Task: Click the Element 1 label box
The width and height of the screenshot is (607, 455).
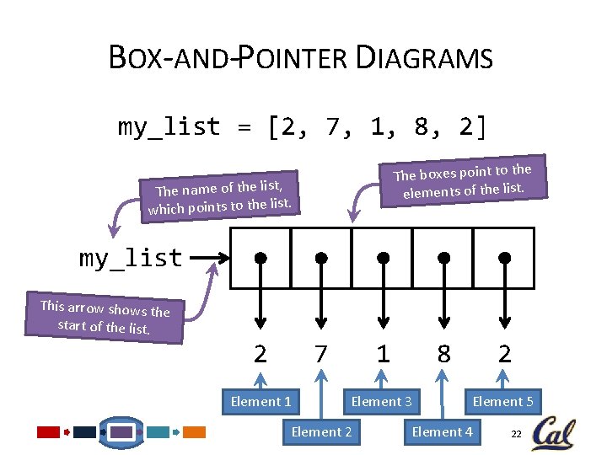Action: coord(261,401)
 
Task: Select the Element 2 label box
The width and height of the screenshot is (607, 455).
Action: coord(321,432)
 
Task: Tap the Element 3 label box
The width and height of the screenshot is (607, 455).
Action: coord(381,401)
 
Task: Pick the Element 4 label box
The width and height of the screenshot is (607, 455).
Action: coord(442,432)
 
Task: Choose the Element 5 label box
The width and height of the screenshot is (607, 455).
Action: coord(502,401)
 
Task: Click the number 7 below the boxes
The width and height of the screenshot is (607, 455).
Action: coord(320,355)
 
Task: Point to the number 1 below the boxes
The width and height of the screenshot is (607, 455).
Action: coord(383,355)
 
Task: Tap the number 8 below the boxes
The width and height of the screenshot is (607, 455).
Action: coord(443,355)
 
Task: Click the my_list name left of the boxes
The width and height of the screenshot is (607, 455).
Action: coord(131,258)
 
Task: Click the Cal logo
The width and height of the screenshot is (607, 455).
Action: coord(553,432)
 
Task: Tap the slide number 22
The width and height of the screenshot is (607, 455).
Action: coord(517,434)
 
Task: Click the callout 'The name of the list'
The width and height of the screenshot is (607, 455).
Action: coord(219,195)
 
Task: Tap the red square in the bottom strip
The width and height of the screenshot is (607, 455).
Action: coord(49,432)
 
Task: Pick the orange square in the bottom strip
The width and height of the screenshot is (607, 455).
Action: coord(195,432)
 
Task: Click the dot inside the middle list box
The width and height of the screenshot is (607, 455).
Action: coord(383,258)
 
